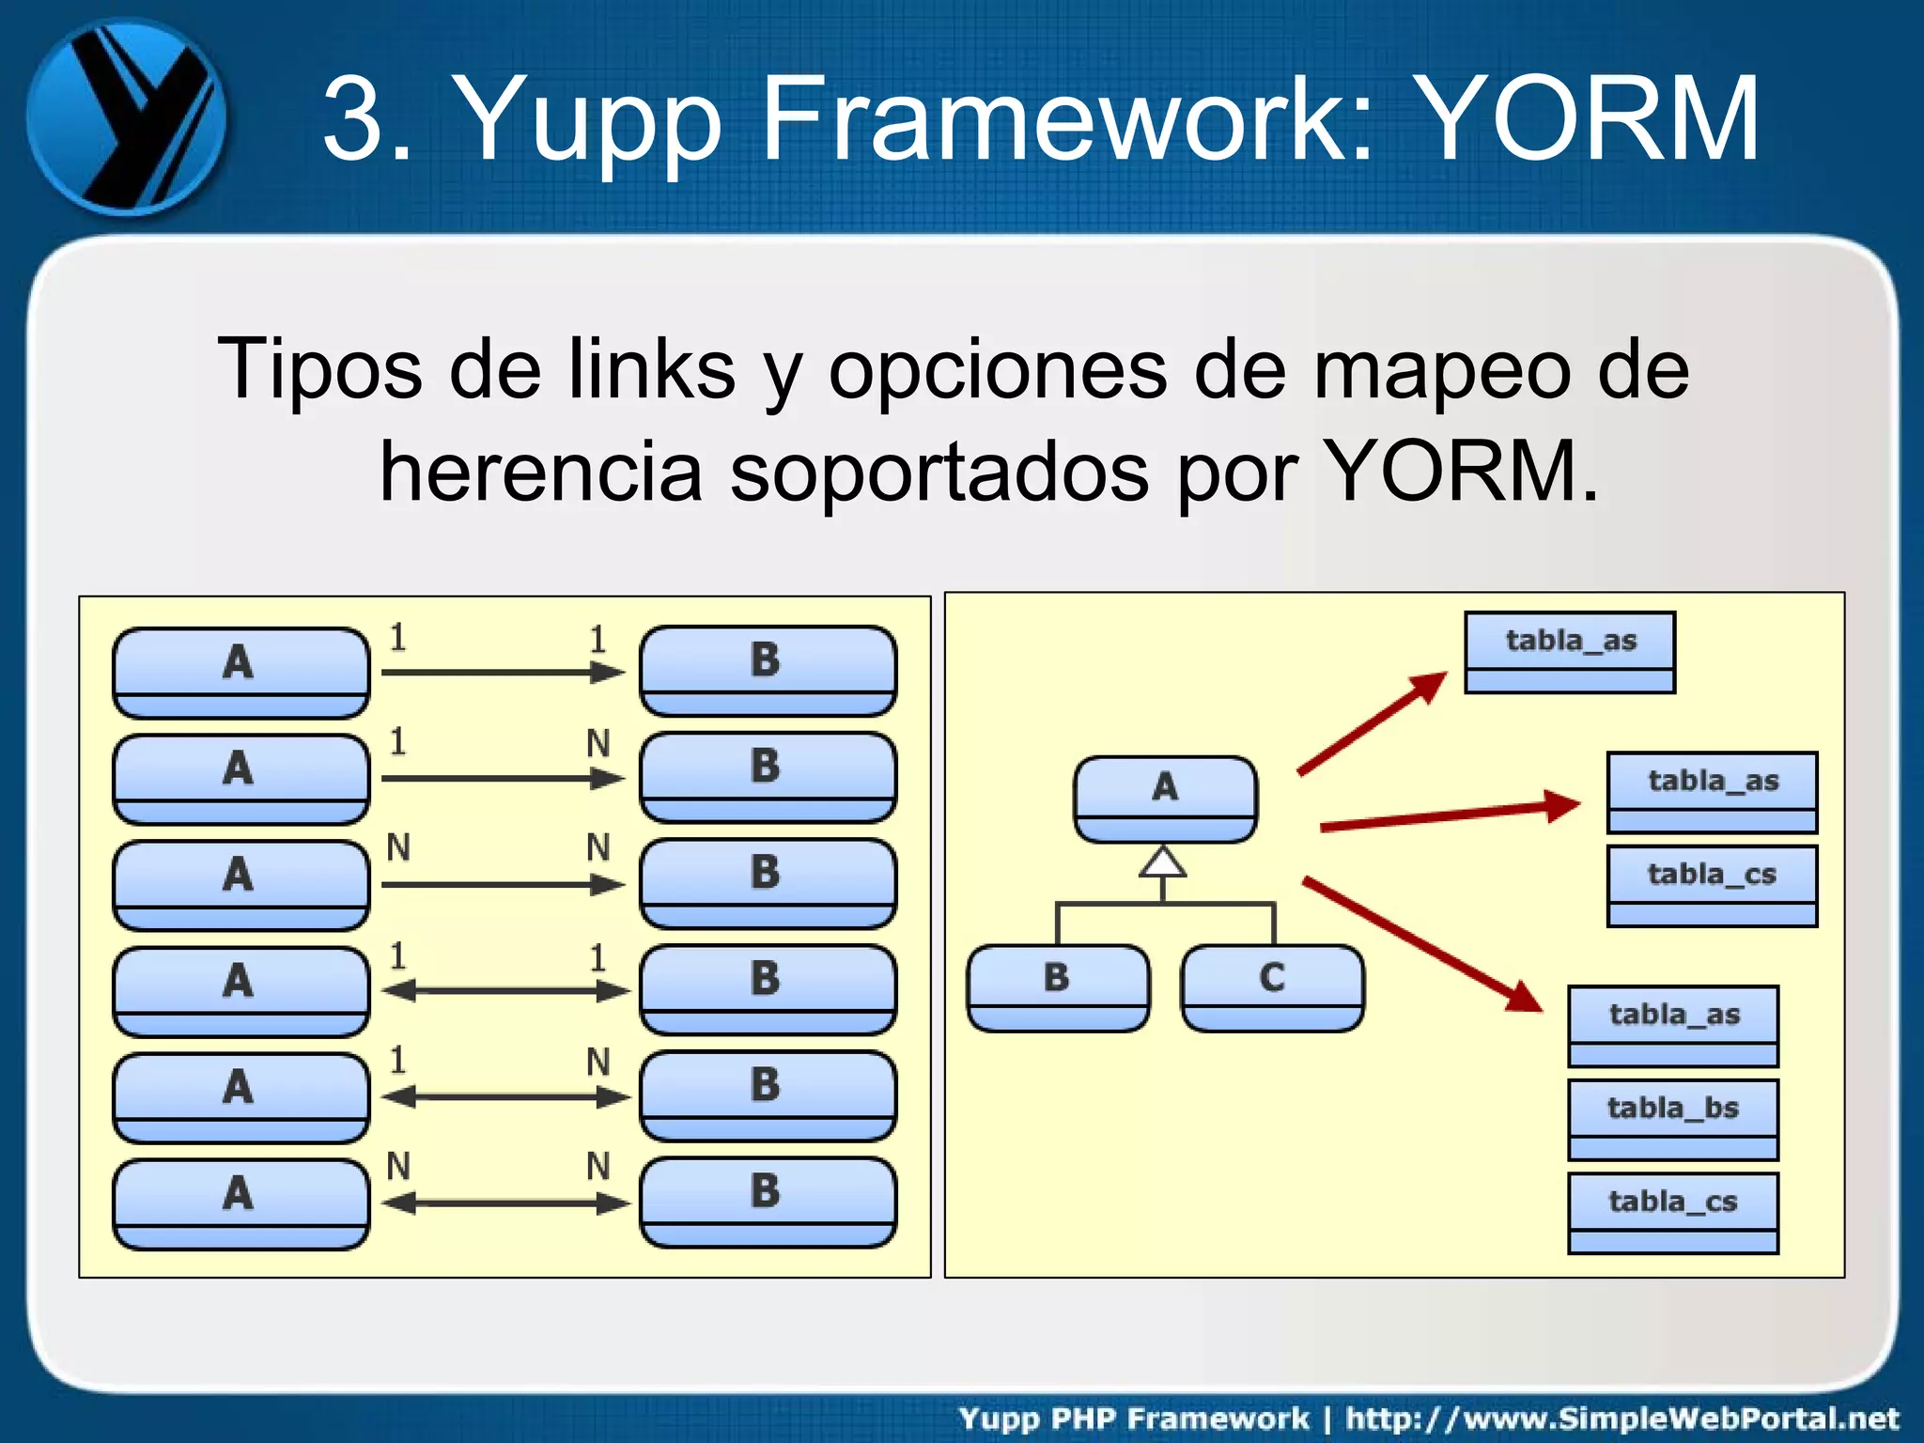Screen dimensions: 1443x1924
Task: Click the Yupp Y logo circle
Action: (126, 116)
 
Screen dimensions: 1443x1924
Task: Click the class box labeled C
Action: (1272, 987)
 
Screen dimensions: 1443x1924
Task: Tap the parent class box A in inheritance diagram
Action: (1165, 798)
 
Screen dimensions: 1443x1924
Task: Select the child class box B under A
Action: (1058, 987)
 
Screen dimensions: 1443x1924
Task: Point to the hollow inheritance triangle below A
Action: (1163, 862)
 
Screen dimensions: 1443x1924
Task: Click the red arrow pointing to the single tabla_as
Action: (1372, 723)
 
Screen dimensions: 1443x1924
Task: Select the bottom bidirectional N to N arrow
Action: (505, 1203)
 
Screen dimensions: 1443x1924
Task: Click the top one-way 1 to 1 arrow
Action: (504, 673)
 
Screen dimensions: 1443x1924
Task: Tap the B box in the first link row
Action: (768, 670)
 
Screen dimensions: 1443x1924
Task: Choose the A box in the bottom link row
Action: (240, 1203)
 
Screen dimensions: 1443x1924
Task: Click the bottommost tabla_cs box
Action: (1672, 1212)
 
